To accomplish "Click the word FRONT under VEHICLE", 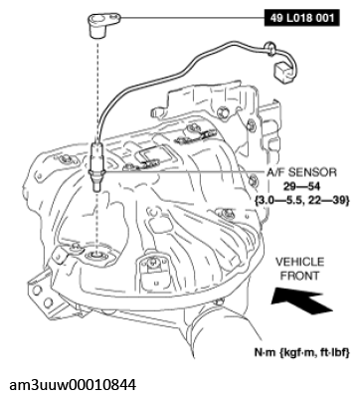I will click(x=299, y=274).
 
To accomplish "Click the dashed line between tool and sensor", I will click(x=98, y=80).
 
